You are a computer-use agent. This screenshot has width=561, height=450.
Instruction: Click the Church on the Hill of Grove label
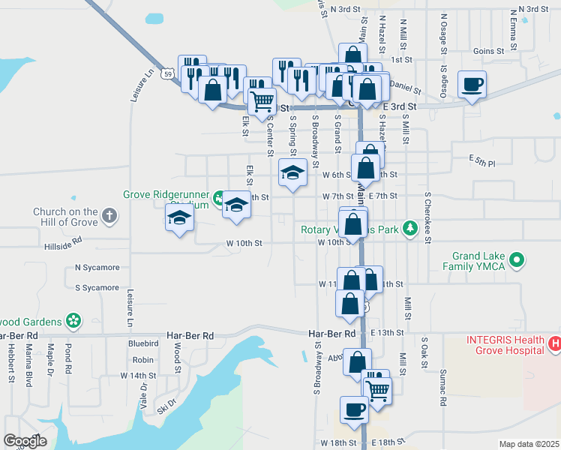(x=65, y=217)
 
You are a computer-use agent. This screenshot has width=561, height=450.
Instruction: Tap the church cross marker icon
(x=109, y=217)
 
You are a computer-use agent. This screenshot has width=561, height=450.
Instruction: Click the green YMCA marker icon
(x=516, y=260)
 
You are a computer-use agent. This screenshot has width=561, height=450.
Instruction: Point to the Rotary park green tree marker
(x=409, y=229)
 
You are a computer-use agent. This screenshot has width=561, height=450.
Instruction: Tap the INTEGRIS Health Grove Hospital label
(x=505, y=344)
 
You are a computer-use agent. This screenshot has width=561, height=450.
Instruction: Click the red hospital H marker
(x=554, y=344)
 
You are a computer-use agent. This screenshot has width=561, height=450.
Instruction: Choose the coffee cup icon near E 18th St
(x=355, y=409)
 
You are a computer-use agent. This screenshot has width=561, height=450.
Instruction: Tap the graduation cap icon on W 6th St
(x=292, y=172)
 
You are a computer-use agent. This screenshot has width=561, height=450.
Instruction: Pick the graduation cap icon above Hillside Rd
(x=179, y=217)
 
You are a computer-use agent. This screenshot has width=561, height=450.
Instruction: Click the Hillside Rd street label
(x=62, y=245)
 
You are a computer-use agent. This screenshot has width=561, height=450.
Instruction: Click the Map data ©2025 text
(x=529, y=444)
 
